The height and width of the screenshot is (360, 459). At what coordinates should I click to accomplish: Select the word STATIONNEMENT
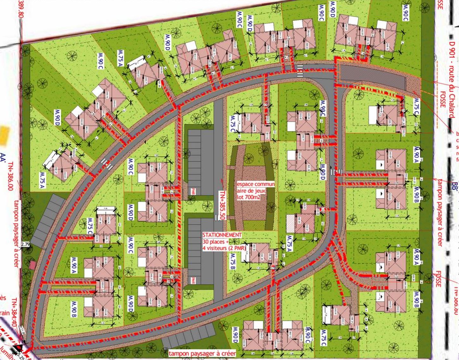[222, 235]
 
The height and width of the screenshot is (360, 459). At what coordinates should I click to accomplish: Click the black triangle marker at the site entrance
[15, 349]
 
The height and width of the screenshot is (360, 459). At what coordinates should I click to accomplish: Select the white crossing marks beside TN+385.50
[216, 217]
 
